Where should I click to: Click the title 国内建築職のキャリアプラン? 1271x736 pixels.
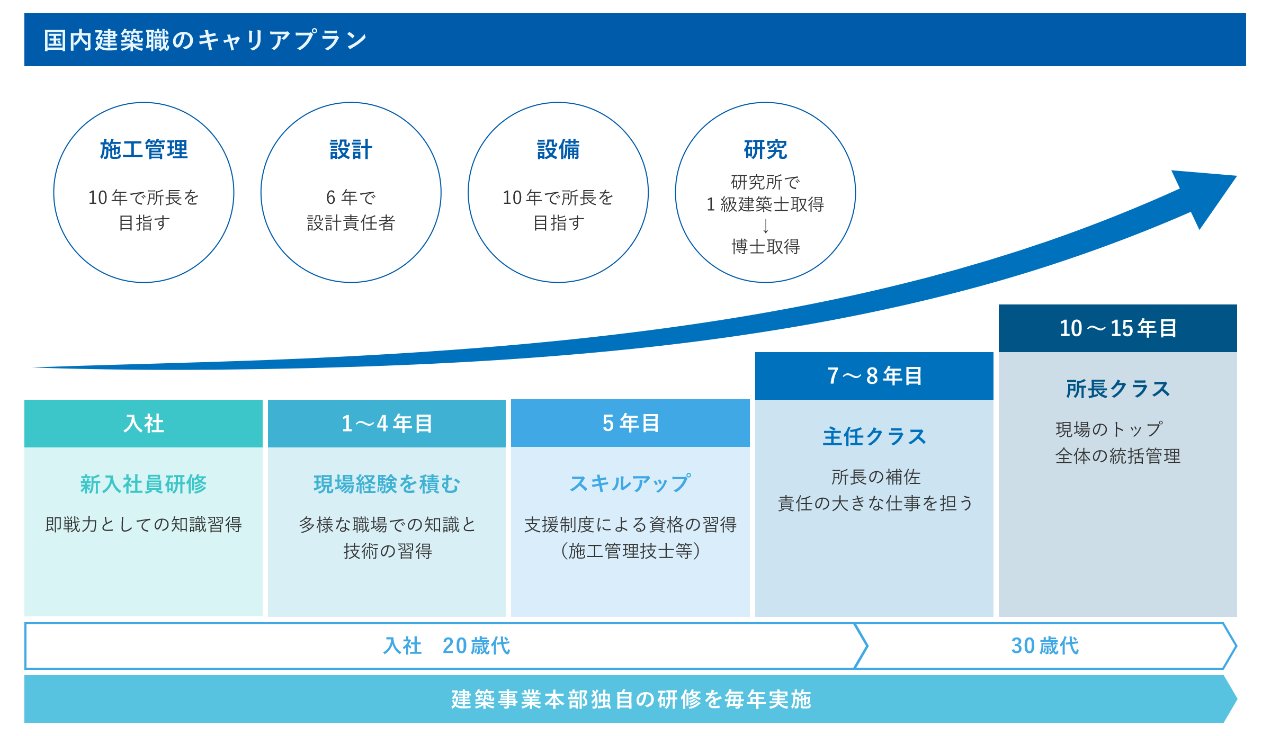coord(205,40)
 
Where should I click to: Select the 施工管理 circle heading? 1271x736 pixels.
coord(144,149)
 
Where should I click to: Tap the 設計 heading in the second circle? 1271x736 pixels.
coord(351,149)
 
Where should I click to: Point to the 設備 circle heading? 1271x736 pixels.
coord(558,149)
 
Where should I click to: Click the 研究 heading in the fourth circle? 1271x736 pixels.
coord(765,149)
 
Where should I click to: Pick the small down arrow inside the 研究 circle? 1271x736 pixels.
coord(765,226)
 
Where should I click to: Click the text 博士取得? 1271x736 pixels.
coord(765,247)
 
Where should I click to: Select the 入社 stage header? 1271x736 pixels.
coord(144,424)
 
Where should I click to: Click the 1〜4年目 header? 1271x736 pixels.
coord(387,424)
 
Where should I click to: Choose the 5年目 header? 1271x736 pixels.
coord(630,423)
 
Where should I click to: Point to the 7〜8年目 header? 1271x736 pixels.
coord(874,376)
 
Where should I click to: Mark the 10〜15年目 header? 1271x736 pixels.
coord(1118,328)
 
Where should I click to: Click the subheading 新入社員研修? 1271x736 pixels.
coord(144,484)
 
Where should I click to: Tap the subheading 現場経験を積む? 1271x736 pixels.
coord(387,484)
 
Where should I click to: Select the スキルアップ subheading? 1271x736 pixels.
coord(630,483)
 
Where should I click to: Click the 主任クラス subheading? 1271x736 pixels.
coord(874,437)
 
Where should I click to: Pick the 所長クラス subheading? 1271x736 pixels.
coord(1118,389)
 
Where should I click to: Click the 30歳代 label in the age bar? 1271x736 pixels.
coord(1045,646)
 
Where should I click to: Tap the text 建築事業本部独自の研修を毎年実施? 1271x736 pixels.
coord(631,699)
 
